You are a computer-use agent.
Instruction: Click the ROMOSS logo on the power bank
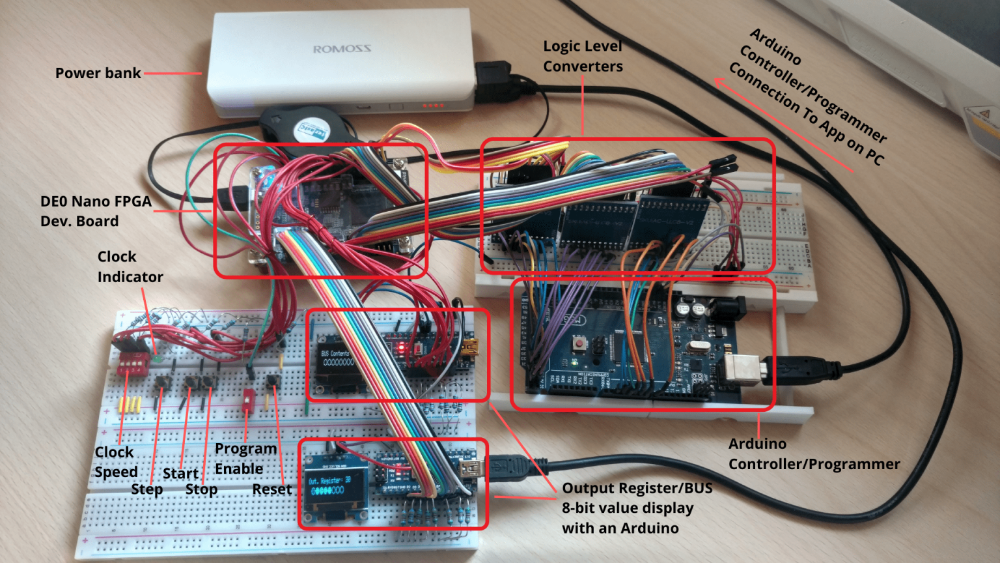tap(342, 49)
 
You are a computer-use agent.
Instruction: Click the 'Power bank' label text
tap(98, 73)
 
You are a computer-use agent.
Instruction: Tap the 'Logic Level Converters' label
tap(583, 56)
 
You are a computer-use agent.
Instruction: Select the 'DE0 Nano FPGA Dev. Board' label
tap(96, 211)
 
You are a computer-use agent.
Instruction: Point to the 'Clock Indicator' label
tap(130, 267)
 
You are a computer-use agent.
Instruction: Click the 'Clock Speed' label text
tap(116, 461)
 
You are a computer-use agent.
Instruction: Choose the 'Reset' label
tap(271, 489)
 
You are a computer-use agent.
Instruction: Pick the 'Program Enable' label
tap(245, 459)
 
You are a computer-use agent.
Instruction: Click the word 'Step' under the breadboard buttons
tap(146, 490)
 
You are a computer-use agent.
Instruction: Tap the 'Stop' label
tap(201, 489)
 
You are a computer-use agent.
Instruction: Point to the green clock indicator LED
tap(157, 358)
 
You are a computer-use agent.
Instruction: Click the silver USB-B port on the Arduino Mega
tap(742, 369)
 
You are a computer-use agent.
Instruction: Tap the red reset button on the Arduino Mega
tap(577, 343)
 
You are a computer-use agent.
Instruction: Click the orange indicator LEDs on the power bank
tap(433, 105)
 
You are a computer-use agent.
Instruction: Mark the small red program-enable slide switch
tap(247, 401)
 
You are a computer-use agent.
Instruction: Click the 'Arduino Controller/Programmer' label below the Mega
tap(813, 454)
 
